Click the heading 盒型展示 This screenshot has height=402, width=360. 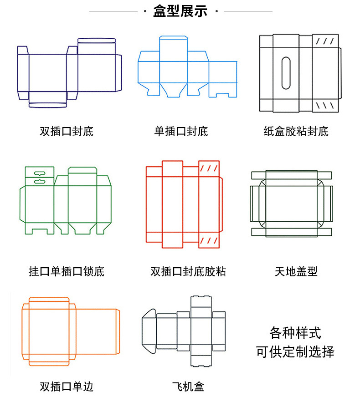pos(180,11)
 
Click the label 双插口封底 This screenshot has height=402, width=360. pos(67,132)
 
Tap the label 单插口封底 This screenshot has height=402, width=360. pos(181,132)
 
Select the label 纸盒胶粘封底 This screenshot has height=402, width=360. pos(296,132)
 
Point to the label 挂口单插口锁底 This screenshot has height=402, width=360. pos(67,272)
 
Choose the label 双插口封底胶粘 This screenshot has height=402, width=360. pos(188,272)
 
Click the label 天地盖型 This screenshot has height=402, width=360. pos(296,272)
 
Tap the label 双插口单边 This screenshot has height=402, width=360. pos(67,387)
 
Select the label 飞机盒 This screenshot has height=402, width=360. pos(188,387)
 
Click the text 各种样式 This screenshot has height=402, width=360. pos(295,333)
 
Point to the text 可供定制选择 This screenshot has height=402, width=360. pos(295,352)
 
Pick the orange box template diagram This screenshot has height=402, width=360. pos(71,331)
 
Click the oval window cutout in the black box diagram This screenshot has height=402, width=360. pos(286,73)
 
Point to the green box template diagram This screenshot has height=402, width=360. pos(66,200)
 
